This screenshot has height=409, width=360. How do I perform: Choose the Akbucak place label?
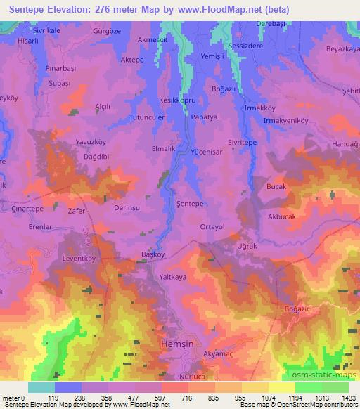pyautogui.click(x=282, y=217)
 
